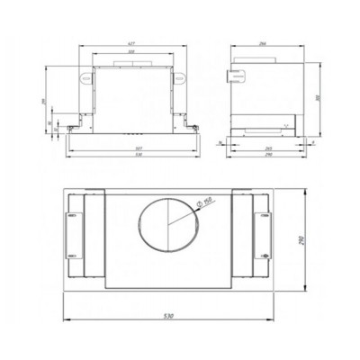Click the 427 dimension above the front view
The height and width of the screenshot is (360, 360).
tap(131, 44)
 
